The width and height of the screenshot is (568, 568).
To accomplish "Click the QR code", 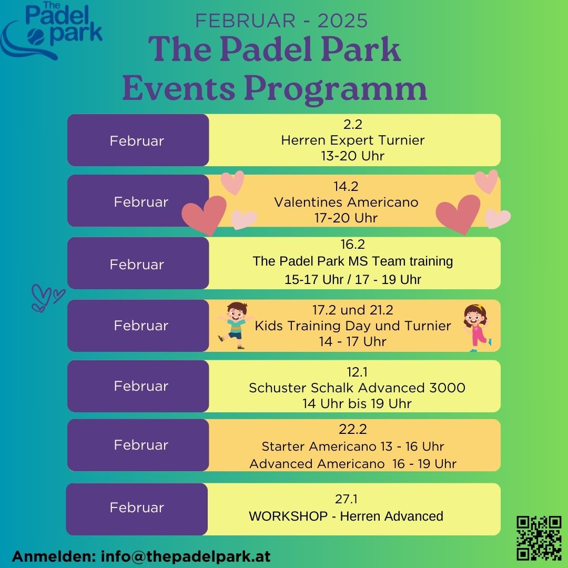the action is pyautogui.click(x=539, y=539).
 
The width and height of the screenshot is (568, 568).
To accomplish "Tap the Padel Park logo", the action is pyautogui.click(x=52, y=31).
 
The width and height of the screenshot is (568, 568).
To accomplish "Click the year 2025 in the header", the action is pyautogui.click(x=343, y=21).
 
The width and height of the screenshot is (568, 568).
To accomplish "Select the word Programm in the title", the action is pyautogui.click(x=336, y=89).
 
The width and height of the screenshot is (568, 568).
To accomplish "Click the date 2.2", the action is pyautogui.click(x=353, y=124).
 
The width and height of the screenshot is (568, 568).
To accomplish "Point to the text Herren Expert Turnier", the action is pyautogui.click(x=353, y=140).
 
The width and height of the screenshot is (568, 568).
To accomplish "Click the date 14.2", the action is pyautogui.click(x=346, y=186).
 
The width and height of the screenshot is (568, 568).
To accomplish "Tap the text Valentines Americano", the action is pyautogui.click(x=346, y=202).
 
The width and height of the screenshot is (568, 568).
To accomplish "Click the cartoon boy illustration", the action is pyautogui.click(x=236, y=325).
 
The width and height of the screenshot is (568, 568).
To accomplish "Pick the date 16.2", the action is pyautogui.click(x=352, y=245).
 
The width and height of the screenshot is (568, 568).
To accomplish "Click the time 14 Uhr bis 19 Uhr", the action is pyautogui.click(x=357, y=403).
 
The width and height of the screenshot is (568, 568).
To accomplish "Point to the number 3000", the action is pyautogui.click(x=448, y=388).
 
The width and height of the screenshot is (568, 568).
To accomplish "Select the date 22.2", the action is pyautogui.click(x=353, y=429).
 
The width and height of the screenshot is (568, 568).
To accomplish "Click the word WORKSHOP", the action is pyautogui.click(x=288, y=516).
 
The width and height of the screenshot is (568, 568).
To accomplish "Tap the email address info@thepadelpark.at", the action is pyautogui.click(x=186, y=556).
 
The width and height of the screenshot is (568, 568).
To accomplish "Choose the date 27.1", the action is pyautogui.click(x=346, y=499).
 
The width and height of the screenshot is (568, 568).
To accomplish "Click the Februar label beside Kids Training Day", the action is pyautogui.click(x=141, y=326).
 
